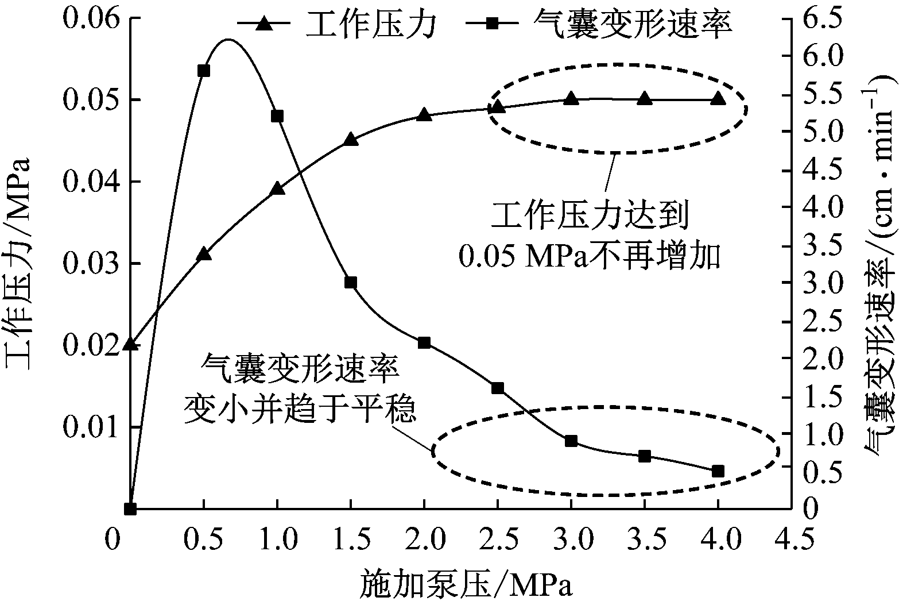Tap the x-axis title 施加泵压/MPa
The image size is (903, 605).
467,585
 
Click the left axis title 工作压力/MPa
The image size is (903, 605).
18,264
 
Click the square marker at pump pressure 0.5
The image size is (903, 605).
203,71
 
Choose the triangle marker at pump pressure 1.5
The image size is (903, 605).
351,140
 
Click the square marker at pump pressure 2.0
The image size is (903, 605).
424,342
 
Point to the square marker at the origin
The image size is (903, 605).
130,508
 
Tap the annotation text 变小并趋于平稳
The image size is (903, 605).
300,411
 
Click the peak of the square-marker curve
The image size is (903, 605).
228,40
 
